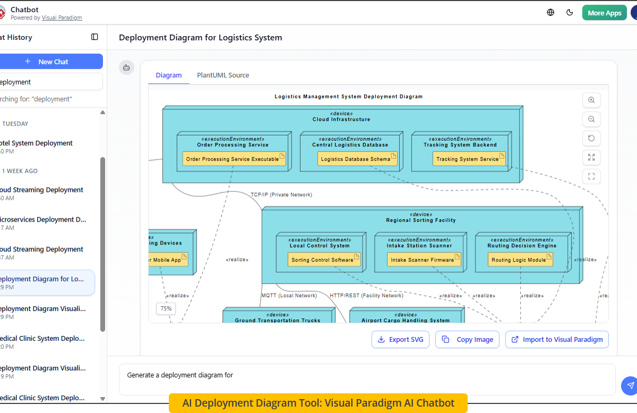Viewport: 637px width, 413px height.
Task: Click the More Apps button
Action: click(x=604, y=13)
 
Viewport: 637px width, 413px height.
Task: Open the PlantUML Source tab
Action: click(x=223, y=75)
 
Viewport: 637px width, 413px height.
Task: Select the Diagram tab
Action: click(x=169, y=75)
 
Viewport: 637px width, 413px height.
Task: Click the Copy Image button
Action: click(x=467, y=340)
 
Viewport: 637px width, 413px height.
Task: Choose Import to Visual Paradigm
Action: click(x=557, y=340)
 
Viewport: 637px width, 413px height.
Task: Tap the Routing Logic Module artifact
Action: click(x=520, y=260)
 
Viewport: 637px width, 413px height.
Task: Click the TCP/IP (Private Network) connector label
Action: click(x=281, y=195)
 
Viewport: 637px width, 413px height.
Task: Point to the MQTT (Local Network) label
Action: click(x=289, y=296)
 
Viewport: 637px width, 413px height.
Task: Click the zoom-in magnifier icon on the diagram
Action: click(x=591, y=100)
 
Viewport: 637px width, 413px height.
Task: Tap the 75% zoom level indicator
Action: click(x=166, y=308)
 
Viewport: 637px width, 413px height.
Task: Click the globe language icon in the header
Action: click(x=550, y=13)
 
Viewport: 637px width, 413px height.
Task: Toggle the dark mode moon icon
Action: click(x=570, y=13)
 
